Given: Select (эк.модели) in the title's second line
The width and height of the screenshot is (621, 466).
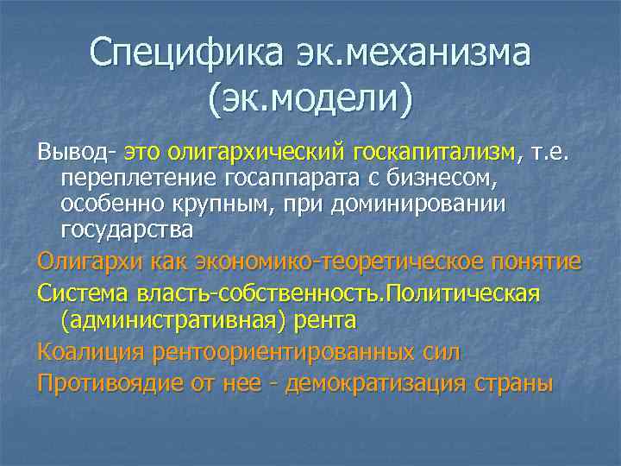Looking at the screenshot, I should click(x=310, y=98).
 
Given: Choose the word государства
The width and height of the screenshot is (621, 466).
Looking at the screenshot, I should click(x=127, y=230).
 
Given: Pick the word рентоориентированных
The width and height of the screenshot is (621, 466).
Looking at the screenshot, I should click(x=281, y=351).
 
